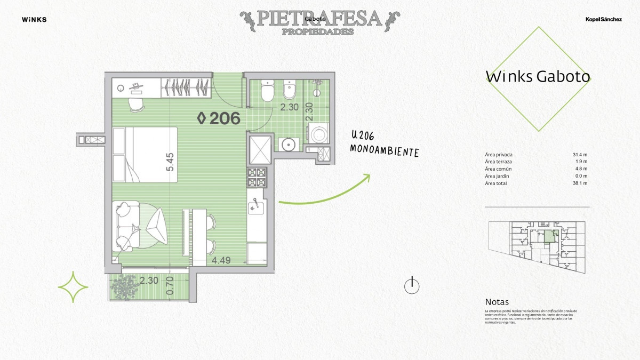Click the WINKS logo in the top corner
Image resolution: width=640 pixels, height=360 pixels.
[x=34, y=20]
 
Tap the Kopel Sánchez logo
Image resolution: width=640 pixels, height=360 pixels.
[x=603, y=20]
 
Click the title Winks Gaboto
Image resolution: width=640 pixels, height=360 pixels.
[x=538, y=77]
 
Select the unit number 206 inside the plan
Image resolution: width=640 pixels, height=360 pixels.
[x=219, y=118]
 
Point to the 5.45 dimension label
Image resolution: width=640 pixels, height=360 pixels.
[x=170, y=162]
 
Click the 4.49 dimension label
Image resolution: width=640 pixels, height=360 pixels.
[x=221, y=261]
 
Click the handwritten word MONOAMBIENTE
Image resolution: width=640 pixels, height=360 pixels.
[x=384, y=150]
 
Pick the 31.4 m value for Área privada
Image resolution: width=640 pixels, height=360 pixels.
[x=580, y=155]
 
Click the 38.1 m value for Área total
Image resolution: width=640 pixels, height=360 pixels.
[x=580, y=183]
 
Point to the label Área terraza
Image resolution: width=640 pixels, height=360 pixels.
[x=499, y=162]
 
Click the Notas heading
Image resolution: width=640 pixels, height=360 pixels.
[x=497, y=302]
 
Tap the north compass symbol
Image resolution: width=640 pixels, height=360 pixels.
[x=411, y=286]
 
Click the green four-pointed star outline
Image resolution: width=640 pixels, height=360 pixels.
[x=73, y=287]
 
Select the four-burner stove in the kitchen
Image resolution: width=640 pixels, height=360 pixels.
[x=257, y=177]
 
